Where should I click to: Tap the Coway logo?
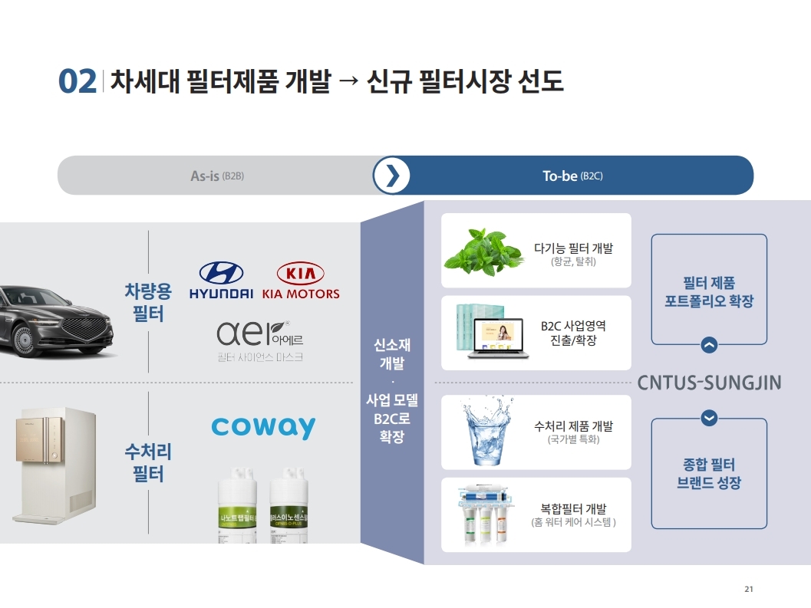263,427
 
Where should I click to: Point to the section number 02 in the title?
77,82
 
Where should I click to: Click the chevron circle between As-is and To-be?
392,176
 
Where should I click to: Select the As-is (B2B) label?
216,176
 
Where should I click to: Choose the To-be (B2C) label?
572,176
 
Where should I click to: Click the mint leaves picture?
483,251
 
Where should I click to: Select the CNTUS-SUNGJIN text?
709,382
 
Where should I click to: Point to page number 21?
749,589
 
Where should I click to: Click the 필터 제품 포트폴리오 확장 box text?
709,292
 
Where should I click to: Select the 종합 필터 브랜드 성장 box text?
709,474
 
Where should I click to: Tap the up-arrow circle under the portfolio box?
709,346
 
